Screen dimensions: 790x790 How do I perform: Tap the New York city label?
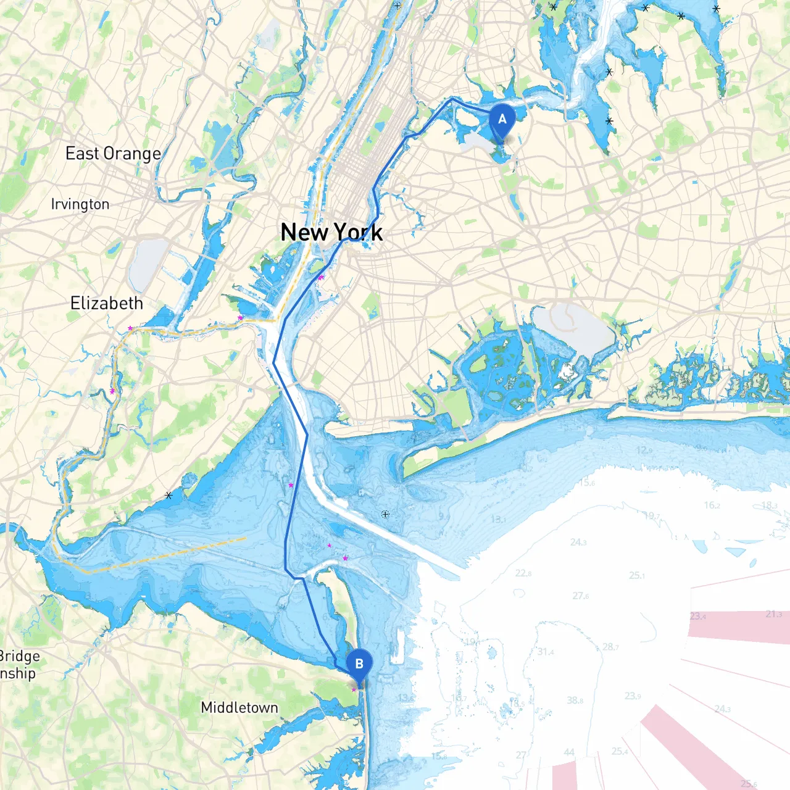(331, 232)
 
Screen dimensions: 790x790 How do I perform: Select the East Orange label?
(113, 153)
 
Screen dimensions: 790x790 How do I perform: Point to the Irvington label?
(80, 204)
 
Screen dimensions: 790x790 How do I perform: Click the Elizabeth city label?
(107, 303)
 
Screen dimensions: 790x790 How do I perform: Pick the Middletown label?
(239, 707)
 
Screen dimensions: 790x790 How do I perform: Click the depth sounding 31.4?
(545, 652)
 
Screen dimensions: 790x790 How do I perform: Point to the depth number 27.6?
(580, 596)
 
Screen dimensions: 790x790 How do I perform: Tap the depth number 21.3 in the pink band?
(773, 613)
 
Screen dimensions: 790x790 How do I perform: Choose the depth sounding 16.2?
(712, 505)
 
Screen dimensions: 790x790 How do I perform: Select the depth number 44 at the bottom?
(568, 752)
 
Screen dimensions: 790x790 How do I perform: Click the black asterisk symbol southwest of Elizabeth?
(168, 495)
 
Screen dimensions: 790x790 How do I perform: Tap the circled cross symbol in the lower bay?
(385, 514)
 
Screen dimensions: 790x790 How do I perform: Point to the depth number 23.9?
(633, 696)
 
